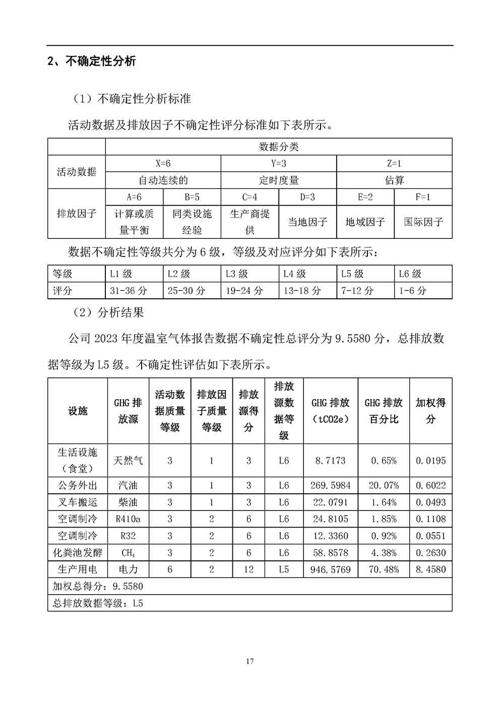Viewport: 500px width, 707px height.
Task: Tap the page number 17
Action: [x=250, y=661]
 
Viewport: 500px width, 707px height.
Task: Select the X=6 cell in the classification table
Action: [x=163, y=164]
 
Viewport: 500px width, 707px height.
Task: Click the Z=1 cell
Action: [x=394, y=164]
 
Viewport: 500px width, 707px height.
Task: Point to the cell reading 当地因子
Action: [x=307, y=222]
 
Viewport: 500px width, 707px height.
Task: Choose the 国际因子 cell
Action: [x=423, y=222]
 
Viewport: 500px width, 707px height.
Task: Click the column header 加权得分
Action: [x=430, y=411]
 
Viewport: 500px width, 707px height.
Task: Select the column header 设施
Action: [x=78, y=411]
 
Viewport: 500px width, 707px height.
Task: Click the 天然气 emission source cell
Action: [x=128, y=460]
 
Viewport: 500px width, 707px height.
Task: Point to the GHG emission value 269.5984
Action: [x=331, y=485]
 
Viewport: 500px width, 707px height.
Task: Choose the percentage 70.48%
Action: [x=384, y=569]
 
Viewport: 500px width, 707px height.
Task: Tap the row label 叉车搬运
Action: [x=78, y=502]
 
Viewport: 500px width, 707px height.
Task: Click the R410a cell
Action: [x=128, y=519]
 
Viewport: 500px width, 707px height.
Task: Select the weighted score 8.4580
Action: [x=430, y=569]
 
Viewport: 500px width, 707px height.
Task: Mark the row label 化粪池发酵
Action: [x=78, y=553]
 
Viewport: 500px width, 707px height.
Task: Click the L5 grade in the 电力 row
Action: [x=284, y=569]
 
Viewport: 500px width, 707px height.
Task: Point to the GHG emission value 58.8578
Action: [x=331, y=553]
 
